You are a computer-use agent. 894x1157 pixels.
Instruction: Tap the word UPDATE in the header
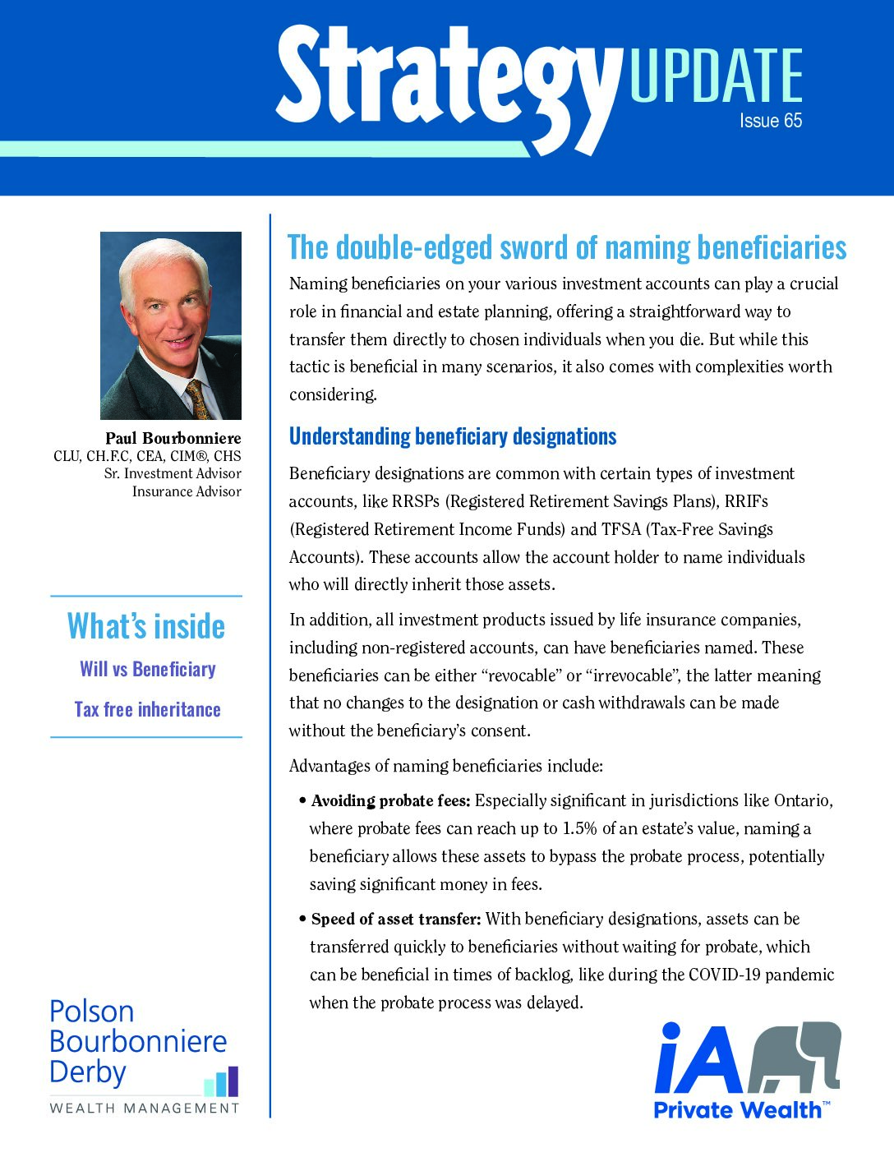715,76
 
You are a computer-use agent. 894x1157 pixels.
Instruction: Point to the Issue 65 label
770,121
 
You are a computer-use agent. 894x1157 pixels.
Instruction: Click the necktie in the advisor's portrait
197,399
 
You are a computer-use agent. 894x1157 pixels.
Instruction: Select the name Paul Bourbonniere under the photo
173,438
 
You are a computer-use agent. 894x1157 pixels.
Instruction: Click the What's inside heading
146,626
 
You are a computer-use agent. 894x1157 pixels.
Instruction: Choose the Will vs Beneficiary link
148,669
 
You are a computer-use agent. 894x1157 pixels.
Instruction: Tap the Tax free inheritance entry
148,709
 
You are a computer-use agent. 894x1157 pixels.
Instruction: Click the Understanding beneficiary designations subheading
452,436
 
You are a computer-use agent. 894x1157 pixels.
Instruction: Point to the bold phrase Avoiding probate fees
390,801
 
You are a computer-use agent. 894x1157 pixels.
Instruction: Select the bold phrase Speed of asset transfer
395,920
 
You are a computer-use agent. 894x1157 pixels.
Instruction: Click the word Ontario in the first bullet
802,801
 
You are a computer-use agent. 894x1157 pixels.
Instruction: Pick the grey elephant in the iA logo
797,1057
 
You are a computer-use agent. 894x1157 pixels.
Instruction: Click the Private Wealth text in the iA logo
737,1110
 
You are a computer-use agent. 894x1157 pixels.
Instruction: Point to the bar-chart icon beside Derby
221,1081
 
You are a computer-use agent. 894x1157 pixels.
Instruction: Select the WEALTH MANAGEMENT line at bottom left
145,1108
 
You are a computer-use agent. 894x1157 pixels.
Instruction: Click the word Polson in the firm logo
91,1012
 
